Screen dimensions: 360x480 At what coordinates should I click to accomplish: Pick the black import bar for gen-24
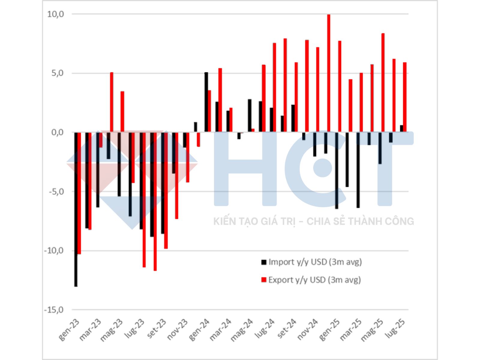[206, 102]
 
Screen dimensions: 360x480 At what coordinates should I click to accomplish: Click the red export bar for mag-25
[383, 82]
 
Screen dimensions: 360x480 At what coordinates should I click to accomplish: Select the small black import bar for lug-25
[402, 128]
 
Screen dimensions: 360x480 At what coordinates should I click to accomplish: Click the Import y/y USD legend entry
[315, 262]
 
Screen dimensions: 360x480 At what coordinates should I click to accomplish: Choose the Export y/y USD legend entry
[314, 280]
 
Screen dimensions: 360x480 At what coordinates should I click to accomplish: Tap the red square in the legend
[264, 280]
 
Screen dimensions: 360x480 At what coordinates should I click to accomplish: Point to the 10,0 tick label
[56, 14]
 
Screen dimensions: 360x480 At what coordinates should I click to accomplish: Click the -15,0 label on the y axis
[54, 310]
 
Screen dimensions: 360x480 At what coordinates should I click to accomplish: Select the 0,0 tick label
[58, 132]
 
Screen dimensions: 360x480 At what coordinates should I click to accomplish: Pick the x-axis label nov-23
[177, 329]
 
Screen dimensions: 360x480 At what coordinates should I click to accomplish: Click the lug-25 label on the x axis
[396, 328]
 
